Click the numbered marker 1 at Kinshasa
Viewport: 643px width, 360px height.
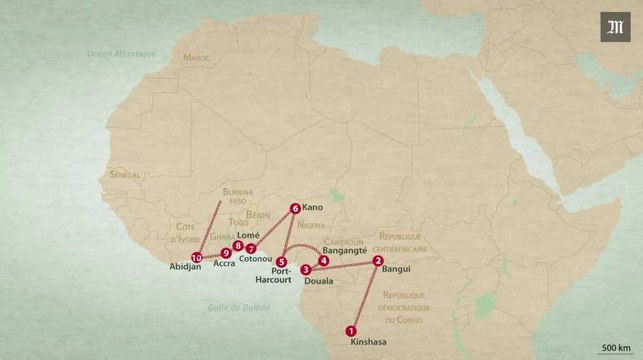tap(351, 331)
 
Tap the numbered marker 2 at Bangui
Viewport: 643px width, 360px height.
tap(378, 261)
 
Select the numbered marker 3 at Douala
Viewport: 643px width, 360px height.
tap(305, 269)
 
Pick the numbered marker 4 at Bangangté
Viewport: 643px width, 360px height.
tap(323, 262)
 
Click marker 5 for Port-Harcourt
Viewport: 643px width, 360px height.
tap(281, 262)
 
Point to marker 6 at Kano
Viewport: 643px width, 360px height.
tap(295, 209)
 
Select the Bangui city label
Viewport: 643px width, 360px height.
tap(397, 269)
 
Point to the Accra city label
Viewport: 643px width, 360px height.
tap(224, 265)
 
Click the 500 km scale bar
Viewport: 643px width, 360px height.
tap(615, 350)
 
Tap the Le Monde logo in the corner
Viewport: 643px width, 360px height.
tap(614, 26)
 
